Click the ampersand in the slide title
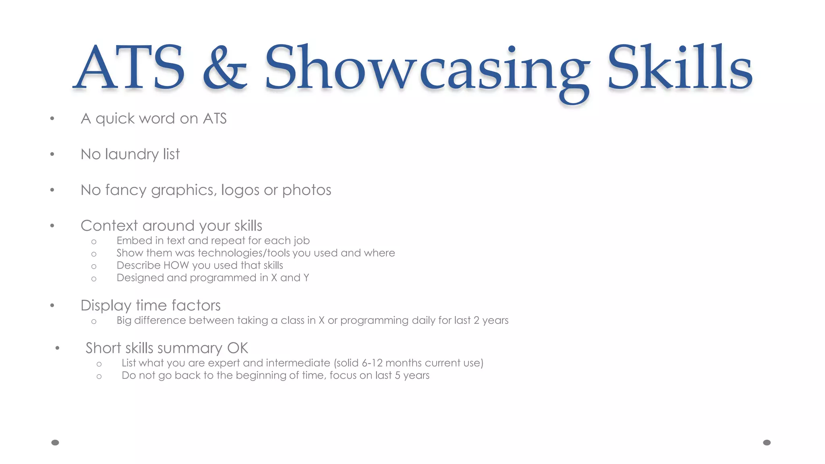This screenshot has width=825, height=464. (224, 67)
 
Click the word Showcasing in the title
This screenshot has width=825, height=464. (427, 68)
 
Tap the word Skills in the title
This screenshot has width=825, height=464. (680, 67)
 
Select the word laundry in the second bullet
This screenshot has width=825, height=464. (132, 154)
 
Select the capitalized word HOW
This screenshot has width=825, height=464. (176, 265)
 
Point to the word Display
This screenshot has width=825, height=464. (106, 306)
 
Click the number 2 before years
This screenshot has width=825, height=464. (476, 321)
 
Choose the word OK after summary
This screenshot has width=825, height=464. (238, 348)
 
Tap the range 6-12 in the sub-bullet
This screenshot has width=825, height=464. (372, 363)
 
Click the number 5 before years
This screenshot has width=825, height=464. (397, 376)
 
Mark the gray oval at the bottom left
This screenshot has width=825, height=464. (55, 443)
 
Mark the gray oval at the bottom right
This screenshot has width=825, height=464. (767, 443)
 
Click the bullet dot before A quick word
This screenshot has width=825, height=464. (52, 118)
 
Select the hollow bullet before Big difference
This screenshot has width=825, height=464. (94, 321)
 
